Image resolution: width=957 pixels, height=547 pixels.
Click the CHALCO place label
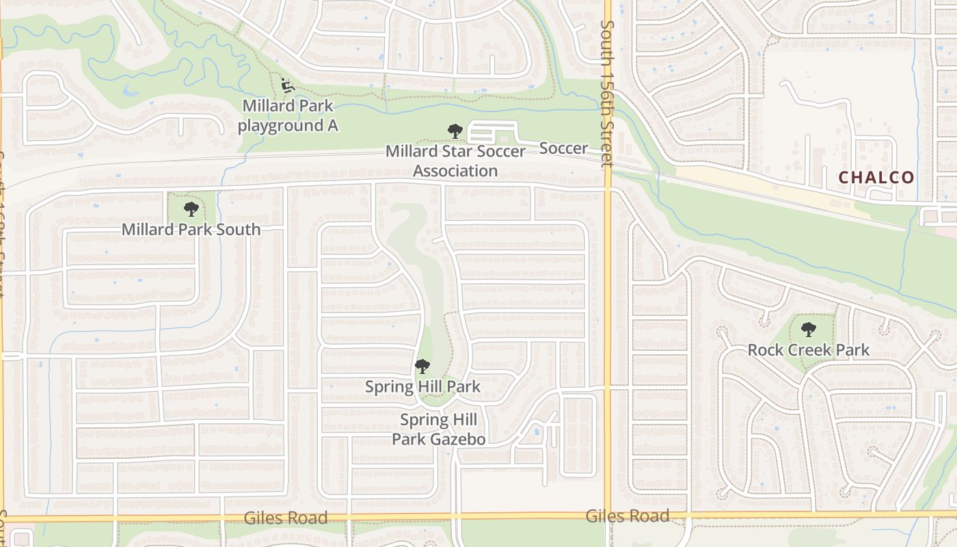[x=876, y=178]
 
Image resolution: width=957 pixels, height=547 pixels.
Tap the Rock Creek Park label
[x=808, y=350]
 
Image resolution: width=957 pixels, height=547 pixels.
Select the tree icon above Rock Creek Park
[x=809, y=330]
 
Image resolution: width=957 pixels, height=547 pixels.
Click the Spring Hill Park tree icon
[x=422, y=366]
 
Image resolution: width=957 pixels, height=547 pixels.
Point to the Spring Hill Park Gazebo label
[x=438, y=429]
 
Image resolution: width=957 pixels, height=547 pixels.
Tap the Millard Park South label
[x=191, y=230]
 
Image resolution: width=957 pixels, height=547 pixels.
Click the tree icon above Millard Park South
[x=191, y=209]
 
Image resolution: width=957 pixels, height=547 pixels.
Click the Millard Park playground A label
[x=288, y=116]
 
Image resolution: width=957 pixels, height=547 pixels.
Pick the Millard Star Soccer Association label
[x=455, y=161]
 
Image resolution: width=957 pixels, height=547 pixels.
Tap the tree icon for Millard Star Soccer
[x=455, y=131]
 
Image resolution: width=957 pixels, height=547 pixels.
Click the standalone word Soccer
[x=563, y=148]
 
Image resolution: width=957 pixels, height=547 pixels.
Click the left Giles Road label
[x=286, y=518]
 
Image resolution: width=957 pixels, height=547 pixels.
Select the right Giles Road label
[x=628, y=516]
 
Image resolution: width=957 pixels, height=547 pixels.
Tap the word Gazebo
[x=457, y=439]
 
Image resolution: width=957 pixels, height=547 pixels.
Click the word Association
[x=455, y=171]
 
